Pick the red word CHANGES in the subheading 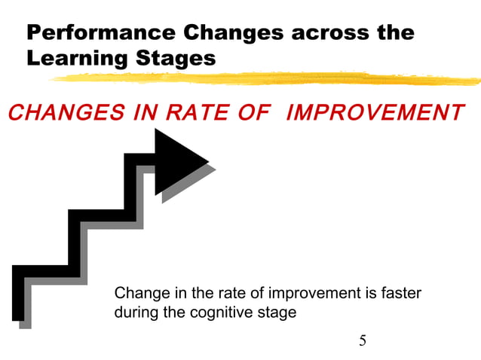click(x=54, y=113)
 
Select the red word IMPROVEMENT click(x=375, y=113)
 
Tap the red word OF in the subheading click(x=254, y=113)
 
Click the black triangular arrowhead click(x=178, y=160)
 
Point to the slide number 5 click(x=363, y=340)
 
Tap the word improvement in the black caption click(x=315, y=292)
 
